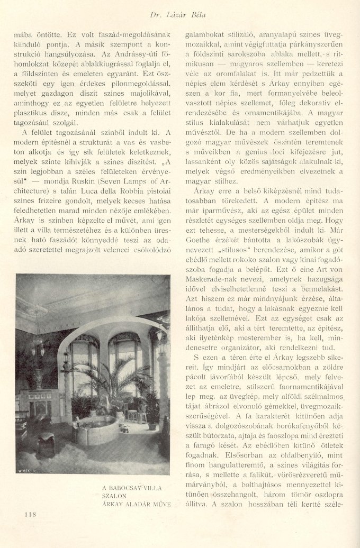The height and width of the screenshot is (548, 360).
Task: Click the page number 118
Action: [x=30, y=513]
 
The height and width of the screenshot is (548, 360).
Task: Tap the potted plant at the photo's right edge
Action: [x=152, y=407]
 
